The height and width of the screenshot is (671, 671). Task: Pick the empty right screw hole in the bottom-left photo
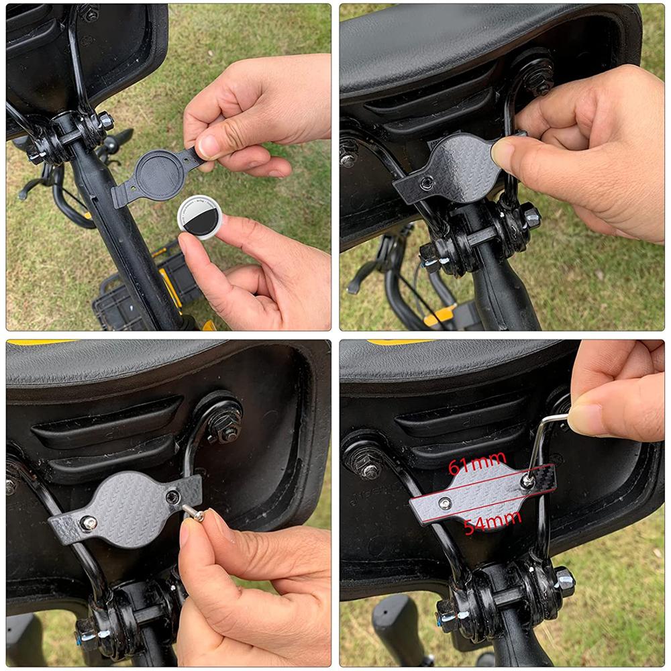(173, 497)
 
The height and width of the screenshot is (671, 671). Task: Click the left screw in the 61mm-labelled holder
(445, 503)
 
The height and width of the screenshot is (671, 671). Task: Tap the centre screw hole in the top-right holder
(427, 183)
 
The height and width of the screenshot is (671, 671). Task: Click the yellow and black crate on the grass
(144, 295)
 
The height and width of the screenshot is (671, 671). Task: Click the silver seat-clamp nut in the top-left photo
(105, 121)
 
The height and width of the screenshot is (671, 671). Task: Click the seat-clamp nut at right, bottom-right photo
(564, 580)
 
